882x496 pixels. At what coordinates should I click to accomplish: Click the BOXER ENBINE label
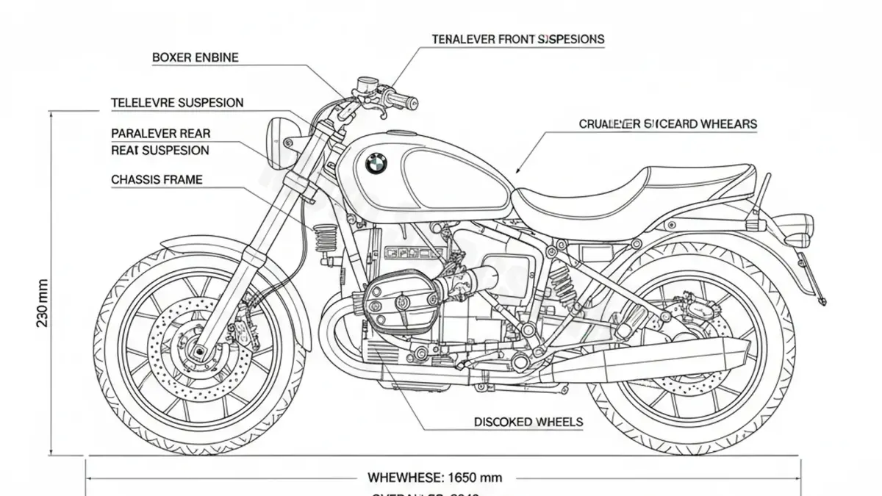(x=195, y=57)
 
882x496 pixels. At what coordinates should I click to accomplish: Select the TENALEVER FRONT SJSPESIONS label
(x=517, y=39)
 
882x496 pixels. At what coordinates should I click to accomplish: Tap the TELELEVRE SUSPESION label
(x=176, y=103)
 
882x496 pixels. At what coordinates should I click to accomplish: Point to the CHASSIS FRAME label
(x=156, y=179)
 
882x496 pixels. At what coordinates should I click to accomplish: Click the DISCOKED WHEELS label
(x=528, y=422)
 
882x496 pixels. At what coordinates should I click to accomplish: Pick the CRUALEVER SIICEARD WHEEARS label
(x=667, y=124)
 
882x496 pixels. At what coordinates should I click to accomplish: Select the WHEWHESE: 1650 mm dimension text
(x=434, y=477)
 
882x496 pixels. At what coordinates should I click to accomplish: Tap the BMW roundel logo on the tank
(x=376, y=163)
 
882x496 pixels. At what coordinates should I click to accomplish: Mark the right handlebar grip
(x=403, y=101)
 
